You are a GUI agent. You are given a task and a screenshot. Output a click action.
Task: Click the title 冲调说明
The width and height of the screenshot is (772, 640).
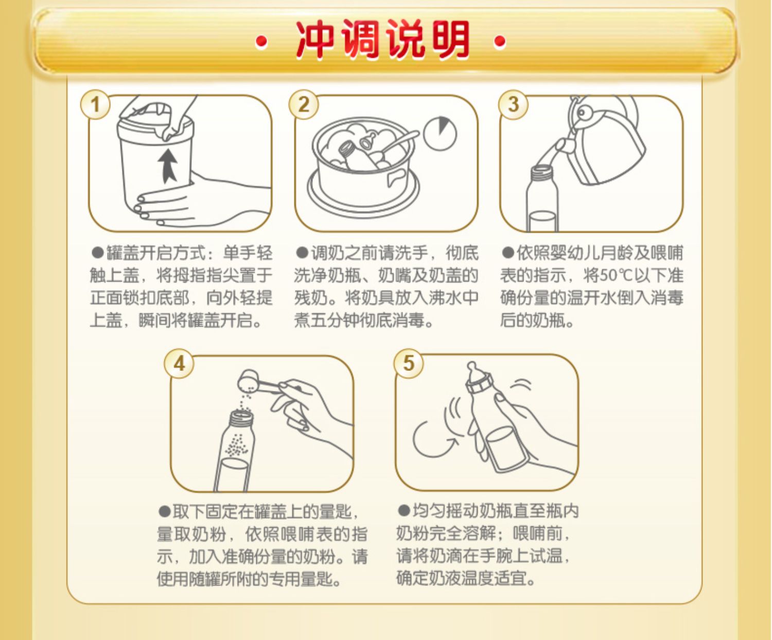(x=382, y=40)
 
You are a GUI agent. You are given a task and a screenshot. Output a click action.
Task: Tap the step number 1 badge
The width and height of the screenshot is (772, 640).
(x=95, y=104)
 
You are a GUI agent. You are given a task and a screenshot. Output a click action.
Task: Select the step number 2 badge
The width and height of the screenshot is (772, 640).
(x=304, y=104)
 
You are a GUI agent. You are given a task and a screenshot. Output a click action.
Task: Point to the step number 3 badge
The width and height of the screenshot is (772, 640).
(x=513, y=104)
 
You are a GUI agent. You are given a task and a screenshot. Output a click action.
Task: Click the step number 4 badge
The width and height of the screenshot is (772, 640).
(x=179, y=363)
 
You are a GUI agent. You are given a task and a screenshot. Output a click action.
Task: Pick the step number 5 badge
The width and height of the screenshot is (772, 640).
(x=409, y=363)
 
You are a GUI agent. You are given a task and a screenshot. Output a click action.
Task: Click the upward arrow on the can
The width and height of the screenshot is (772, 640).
(x=169, y=166)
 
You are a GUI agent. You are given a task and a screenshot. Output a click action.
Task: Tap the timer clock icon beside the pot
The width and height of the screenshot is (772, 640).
(x=440, y=133)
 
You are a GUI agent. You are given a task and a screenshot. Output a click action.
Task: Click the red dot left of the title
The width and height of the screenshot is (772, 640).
(x=261, y=41)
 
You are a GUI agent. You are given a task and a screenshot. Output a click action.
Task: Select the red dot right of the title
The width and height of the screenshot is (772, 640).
(x=500, y=41)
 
